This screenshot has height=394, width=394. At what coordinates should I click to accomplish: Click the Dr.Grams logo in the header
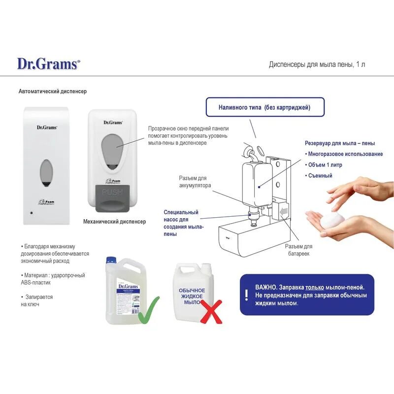48,64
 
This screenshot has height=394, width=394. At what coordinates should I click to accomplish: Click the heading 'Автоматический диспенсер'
53,92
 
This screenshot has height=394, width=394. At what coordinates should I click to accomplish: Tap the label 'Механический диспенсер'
114,222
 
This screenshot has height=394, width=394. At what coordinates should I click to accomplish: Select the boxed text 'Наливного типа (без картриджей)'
264,107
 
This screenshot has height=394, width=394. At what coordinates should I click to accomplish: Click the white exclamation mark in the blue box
246,295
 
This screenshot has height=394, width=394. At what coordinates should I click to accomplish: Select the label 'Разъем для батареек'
298,250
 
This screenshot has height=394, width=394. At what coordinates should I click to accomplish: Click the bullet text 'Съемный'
320,176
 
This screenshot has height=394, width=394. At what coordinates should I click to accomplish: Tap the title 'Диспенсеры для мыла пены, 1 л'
317,65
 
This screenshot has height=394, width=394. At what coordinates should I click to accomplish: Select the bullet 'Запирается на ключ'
37,300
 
